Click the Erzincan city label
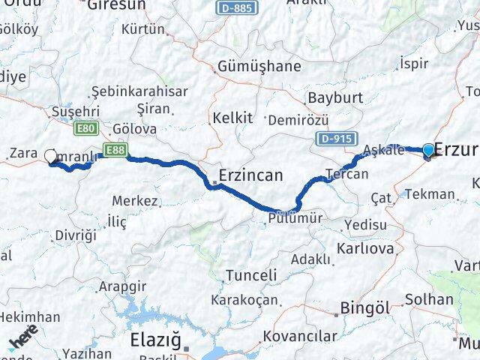250,176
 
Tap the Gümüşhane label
259,67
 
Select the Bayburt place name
335,97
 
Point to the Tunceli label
251,275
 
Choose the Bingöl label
365,307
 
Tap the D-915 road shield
334,138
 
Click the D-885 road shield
238,8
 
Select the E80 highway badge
87,129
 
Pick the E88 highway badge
114,149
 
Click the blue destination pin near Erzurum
428,151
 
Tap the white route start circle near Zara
51,156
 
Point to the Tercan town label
347,174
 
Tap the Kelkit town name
232,118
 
